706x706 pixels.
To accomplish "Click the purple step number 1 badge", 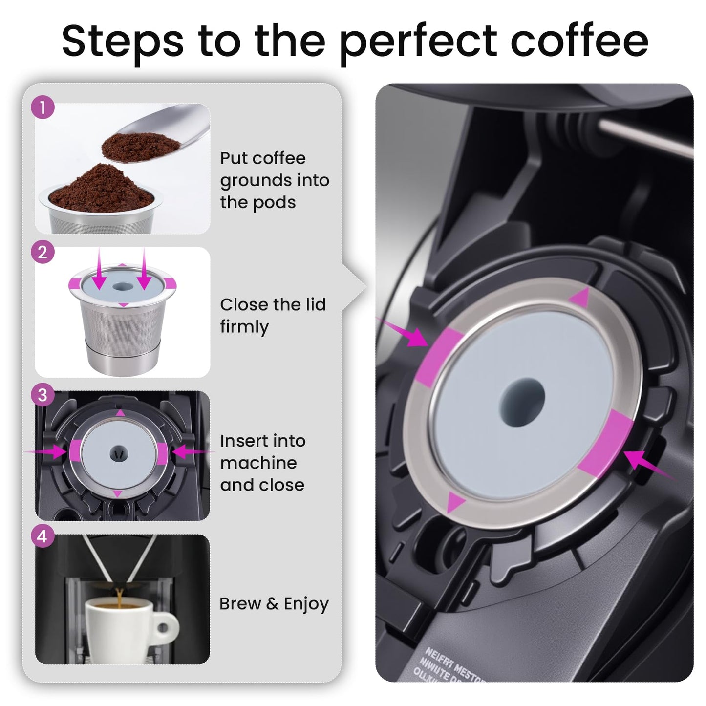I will (43, 107).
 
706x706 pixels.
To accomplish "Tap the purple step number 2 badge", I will (43, 252).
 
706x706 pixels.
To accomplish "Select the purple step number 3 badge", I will (43, 394).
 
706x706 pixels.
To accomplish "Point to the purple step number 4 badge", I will (43, 536).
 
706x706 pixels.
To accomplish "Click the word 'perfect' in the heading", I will (418, 42).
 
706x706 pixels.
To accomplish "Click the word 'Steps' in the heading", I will (123, 42).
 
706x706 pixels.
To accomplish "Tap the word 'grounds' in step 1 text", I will (255, 180).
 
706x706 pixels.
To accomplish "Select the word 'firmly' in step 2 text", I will (244, 326).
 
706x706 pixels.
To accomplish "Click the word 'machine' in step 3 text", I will (258, 463).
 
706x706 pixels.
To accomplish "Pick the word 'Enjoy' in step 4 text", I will (306, 604).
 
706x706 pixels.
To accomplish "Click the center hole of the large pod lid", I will (521, 396).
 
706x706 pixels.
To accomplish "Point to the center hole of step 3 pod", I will (118, 452).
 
